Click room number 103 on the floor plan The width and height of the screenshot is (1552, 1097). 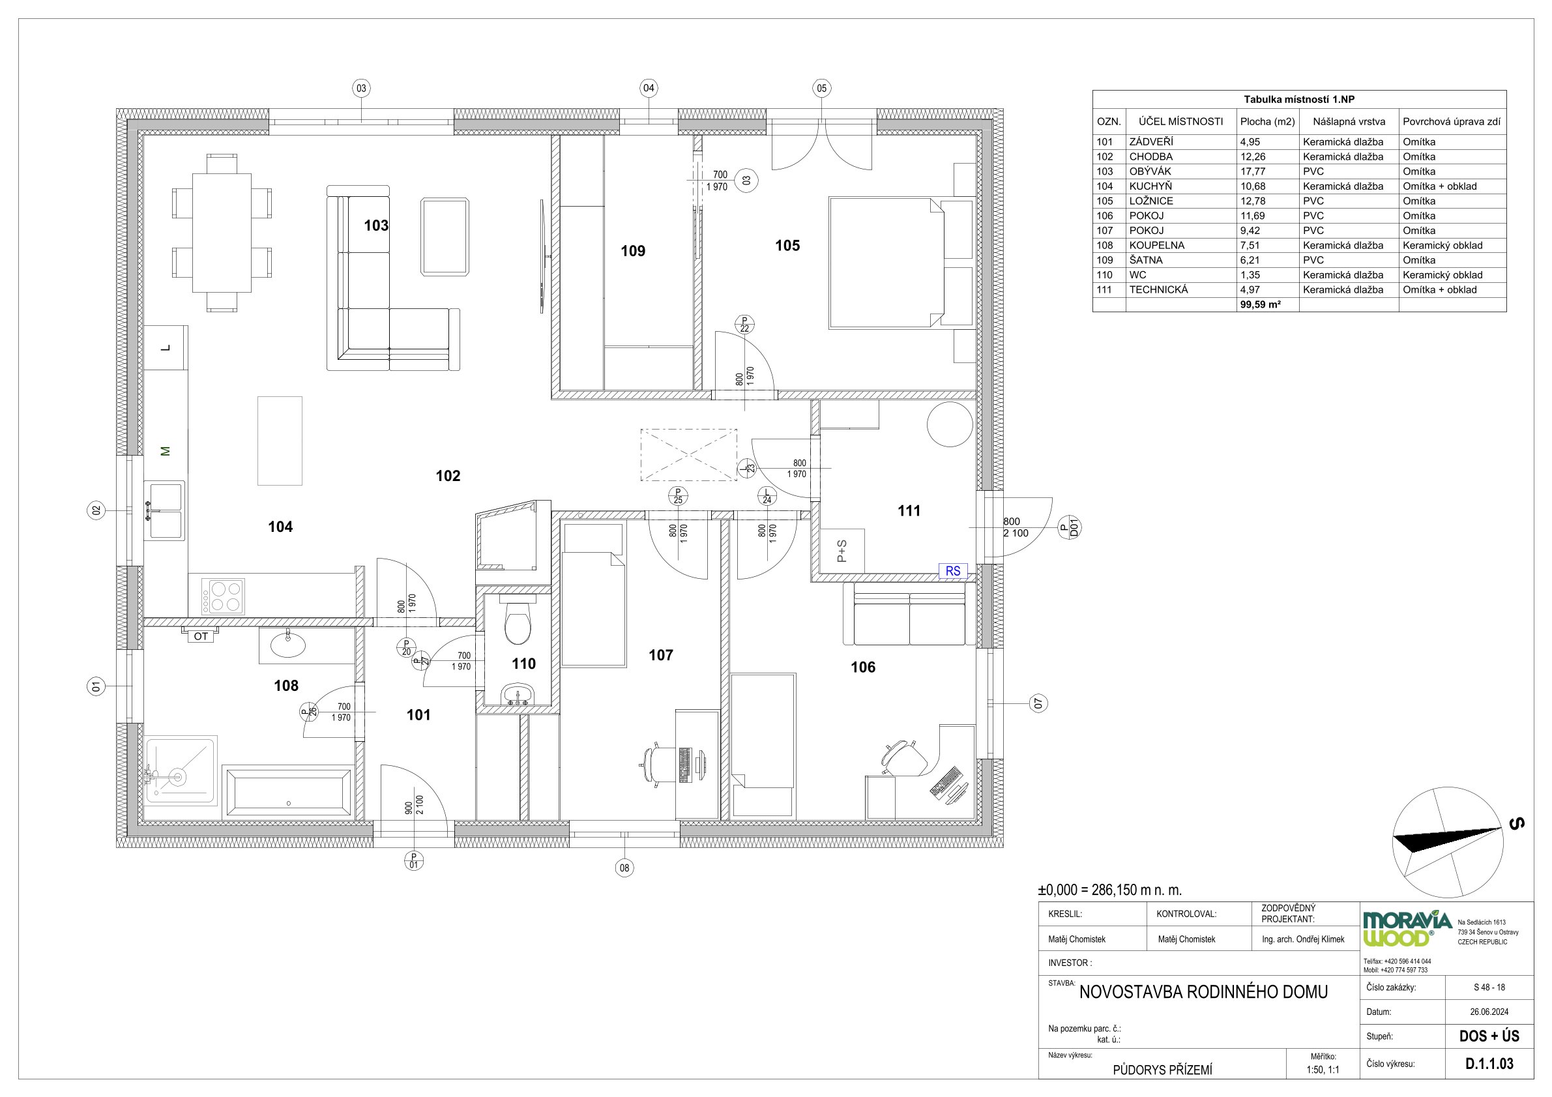pyautogui.click(x=376, y=225)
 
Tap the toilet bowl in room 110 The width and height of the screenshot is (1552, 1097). pyautogui.click(x=518, y=624)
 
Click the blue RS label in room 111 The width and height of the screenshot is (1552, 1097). pyautogui.click(x=953, y=571)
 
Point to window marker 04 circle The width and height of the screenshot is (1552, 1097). pyautogui.click(x=649, y=88)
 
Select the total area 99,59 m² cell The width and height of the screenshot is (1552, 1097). pyautogui.click(x=1261, y=305)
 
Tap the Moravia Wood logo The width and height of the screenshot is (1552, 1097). pyautogui.click(x=1407, y=929)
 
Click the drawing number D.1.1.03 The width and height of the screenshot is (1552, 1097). pyautogui.click(x=1490, y=1064)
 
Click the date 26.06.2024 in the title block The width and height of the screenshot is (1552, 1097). pyautogui.click(x=1489, y=1012)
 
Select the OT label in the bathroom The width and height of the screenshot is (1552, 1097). pyautogui.click(x=201, y=636)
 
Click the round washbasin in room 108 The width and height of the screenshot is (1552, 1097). pyautogui.click(x=288, y=645)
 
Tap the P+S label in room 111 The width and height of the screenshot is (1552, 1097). pyautogui.click(x=842, y=551)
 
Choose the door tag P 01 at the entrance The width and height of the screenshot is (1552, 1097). pyautogui.click(x=414, y=860)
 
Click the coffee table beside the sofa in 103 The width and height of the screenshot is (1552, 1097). pyautogui.click(x=445, y=237)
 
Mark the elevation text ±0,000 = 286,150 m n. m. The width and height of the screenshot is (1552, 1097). pyautogui.click(x=1110, y=890)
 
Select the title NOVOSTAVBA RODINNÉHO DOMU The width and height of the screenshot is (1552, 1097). pyautogui.click(x=1203, y=991)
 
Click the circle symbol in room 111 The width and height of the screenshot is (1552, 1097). pyautogui.click(x=950, y=424)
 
